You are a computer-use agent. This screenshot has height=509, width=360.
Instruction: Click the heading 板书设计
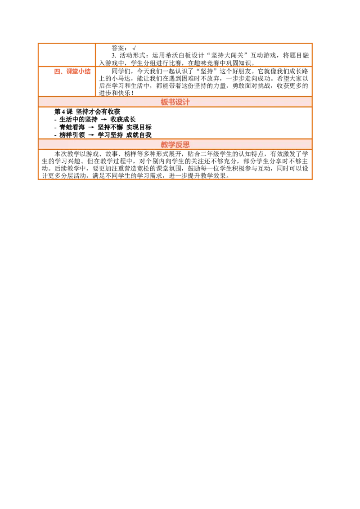[x=175, y=102]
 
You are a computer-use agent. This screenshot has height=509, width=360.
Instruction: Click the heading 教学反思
[x=175, y=144]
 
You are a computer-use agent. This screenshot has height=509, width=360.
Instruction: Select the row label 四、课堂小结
[x=72, y=71]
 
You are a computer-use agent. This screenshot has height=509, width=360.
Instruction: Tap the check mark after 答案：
[x=134, y=48]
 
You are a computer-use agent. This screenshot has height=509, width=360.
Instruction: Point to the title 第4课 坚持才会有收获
[x=87, y=112]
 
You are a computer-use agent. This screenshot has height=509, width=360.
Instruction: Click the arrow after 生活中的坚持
[x=104, y=120]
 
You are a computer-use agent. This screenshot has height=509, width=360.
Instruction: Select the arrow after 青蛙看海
[x=91, y=128]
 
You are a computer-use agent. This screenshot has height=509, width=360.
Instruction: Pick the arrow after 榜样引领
[x=91, y=135]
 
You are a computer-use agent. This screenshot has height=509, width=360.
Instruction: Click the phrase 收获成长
[x=123, y=120]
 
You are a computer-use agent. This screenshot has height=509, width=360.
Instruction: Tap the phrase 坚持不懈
[x=110, y=127]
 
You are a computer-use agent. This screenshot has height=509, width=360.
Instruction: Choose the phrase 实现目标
[x=139, y=127]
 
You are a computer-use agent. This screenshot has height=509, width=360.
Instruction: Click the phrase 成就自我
[x=139, y=135]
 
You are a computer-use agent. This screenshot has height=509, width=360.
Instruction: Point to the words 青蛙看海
[x=72, y=127]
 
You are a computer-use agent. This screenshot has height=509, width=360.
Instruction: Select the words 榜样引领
[x=72, y=135]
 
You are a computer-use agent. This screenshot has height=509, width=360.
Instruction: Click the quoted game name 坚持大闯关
[x=227, y=55]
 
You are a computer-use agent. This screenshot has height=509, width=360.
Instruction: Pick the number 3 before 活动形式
[x=114, y=55]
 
